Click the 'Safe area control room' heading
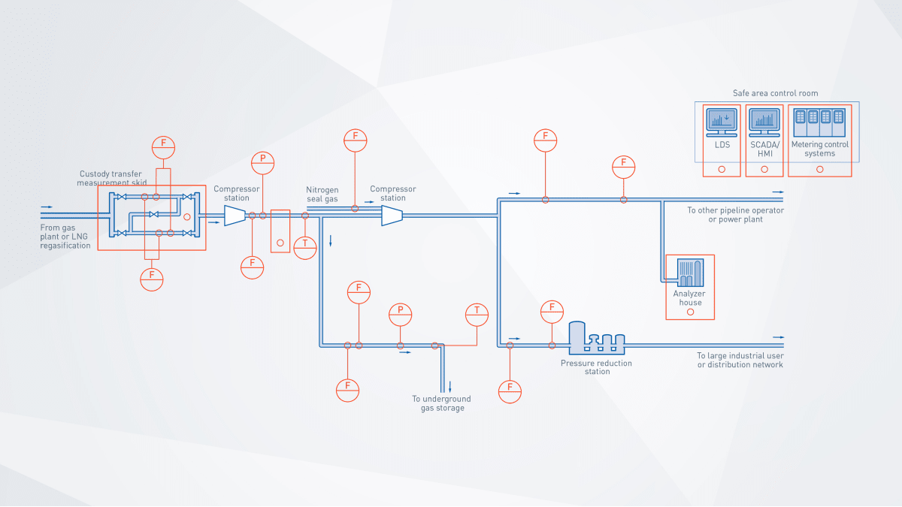(x=775, y=93)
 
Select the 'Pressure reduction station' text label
(x=596, y=367)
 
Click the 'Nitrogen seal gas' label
(x=322, y=194)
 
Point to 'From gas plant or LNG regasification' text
(x=65, y=236)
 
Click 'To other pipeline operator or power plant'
(x=735, y=215)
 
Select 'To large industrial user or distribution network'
(x=740, y=361)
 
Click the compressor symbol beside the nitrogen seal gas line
(x=392, y=216)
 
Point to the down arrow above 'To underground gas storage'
(x=450, y=387)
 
